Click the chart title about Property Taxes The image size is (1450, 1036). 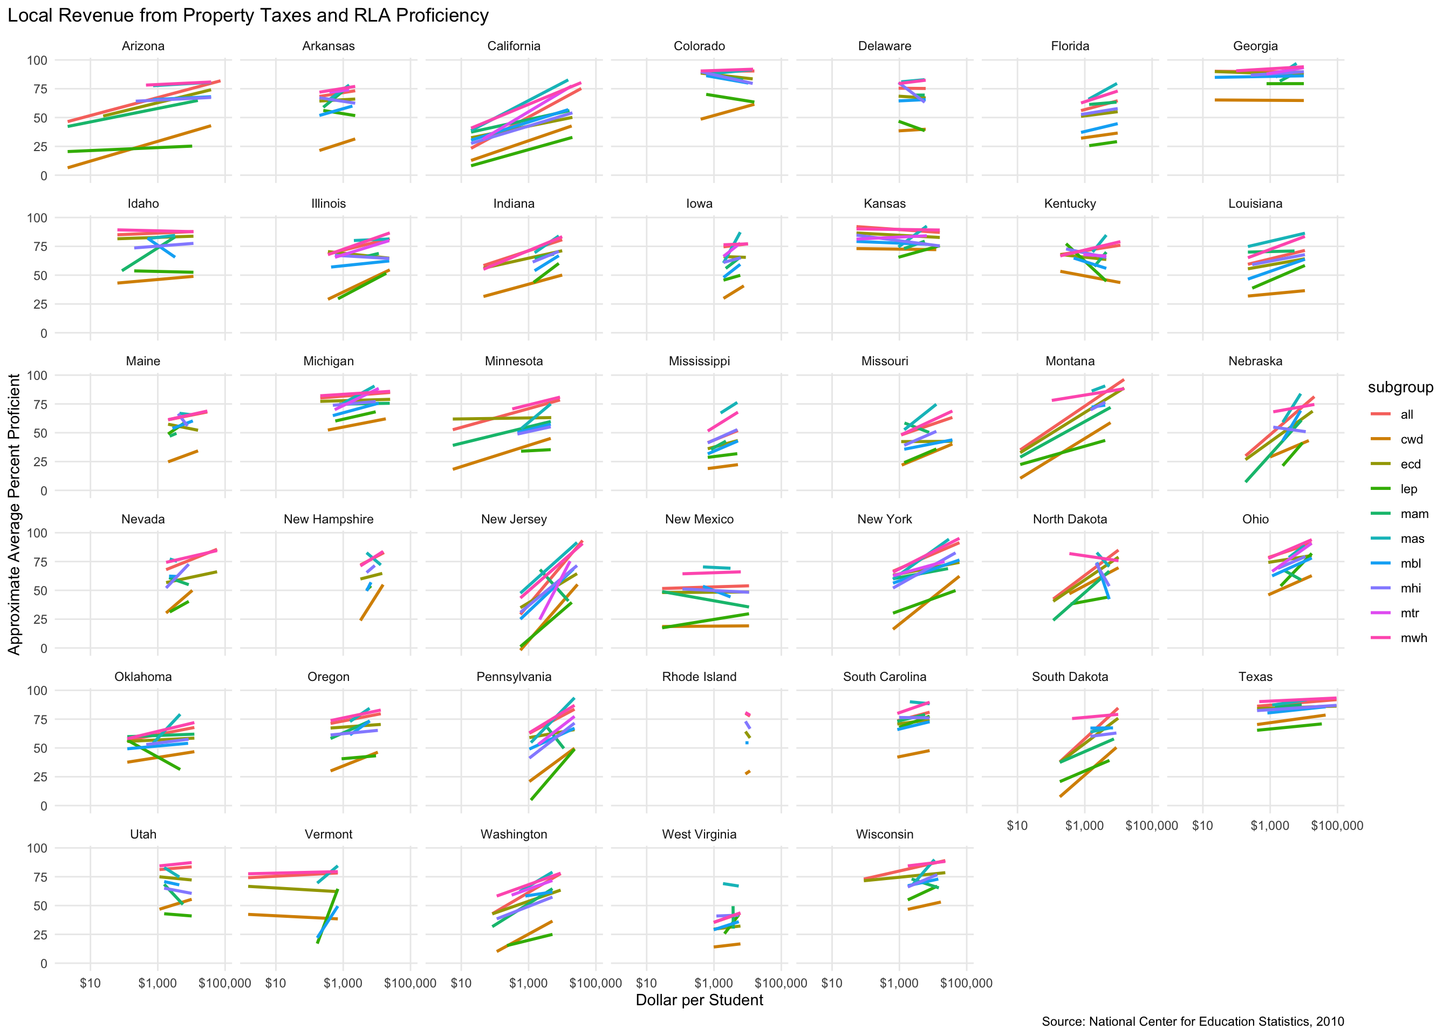click(248, 15)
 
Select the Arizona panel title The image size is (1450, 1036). click(143, 46)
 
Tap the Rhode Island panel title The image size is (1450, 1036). click(699, 676)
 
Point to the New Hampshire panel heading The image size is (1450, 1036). click(329, 519)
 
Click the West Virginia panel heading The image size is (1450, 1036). click(699, 834)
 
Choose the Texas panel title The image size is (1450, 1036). click(1255, 676)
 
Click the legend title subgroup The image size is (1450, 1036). click(1400, 387)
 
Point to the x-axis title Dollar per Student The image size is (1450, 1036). click(699, 1000)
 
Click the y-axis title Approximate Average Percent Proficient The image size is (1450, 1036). click(14, 514)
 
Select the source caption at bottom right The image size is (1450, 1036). click(1192, 1021)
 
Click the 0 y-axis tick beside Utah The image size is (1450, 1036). click(43, 963)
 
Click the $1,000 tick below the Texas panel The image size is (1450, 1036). click(1269, 826)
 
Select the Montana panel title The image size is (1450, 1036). click(1069, 361)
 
